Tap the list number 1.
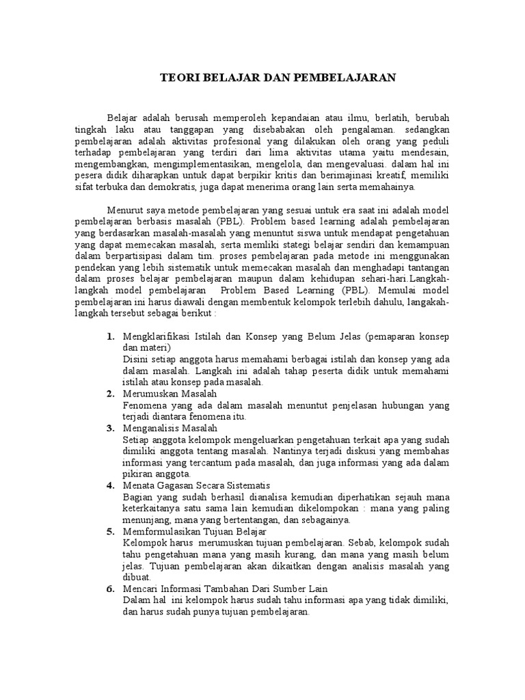(110, 337)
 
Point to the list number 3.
(110, 428)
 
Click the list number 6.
(110, 588)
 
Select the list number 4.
(110, 485)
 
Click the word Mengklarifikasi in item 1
(155, 337)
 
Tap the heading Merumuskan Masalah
(170, 394)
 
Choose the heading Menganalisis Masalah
(170, 428)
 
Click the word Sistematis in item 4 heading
(229, 485)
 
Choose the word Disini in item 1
(135, 360)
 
